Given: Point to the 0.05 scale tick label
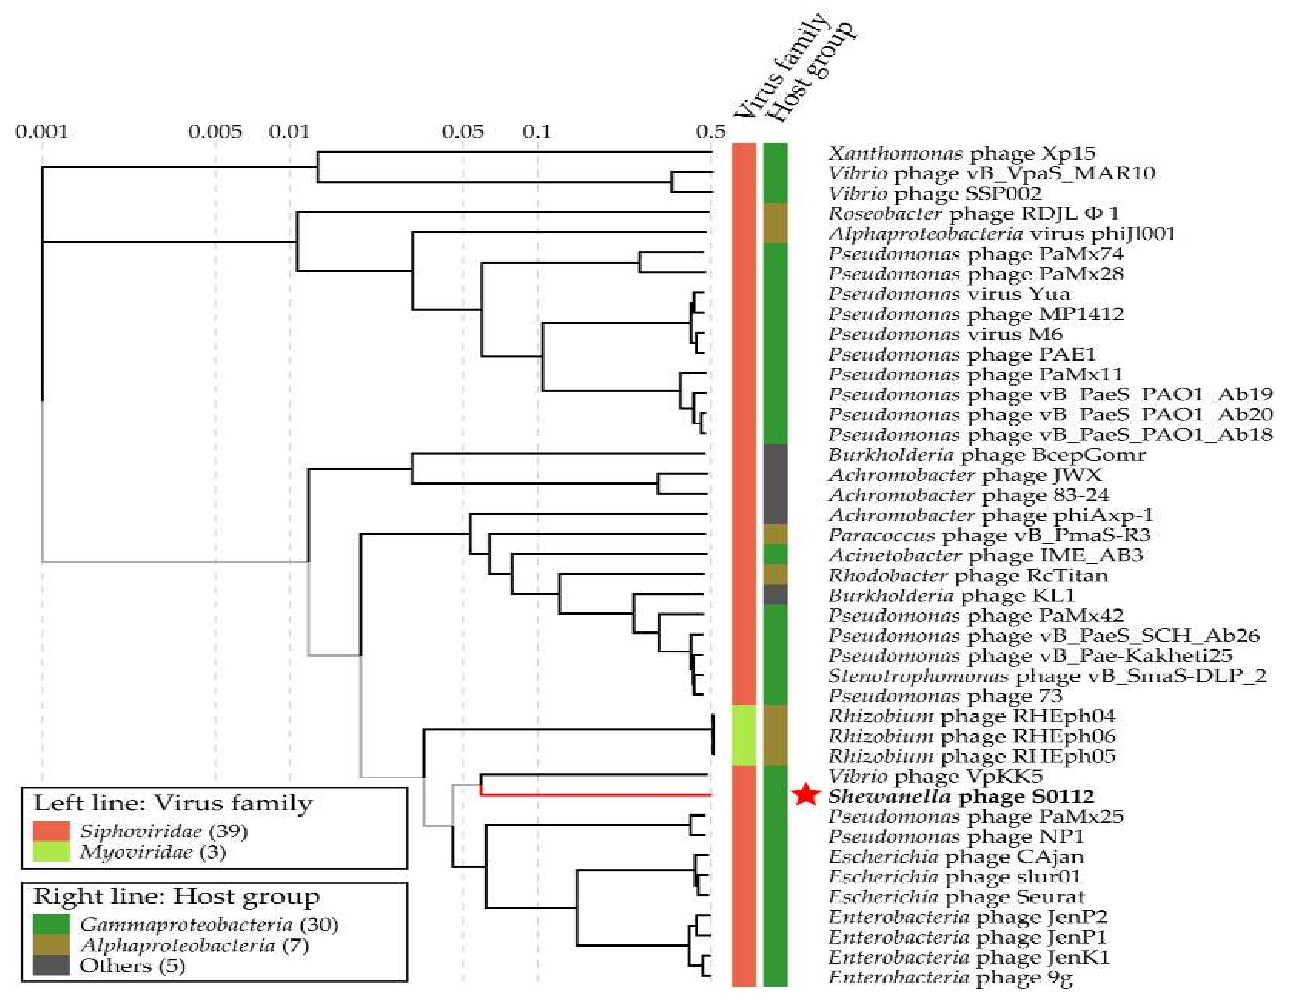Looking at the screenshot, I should coord(463,131).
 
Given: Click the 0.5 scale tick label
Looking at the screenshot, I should coord(710,131).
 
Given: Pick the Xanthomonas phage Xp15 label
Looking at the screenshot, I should coord(961,153).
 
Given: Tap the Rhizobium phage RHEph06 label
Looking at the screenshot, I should coord(971,736).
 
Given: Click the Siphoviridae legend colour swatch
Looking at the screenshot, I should coord(51,831).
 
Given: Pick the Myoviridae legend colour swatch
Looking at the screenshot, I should coord(51,852).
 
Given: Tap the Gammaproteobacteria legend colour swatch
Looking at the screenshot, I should coord(51,924).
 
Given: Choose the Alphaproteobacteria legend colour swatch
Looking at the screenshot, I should coord(51,944).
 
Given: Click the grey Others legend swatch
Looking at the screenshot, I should coord(51,965).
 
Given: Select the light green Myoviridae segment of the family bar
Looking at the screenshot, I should coord(744,736).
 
